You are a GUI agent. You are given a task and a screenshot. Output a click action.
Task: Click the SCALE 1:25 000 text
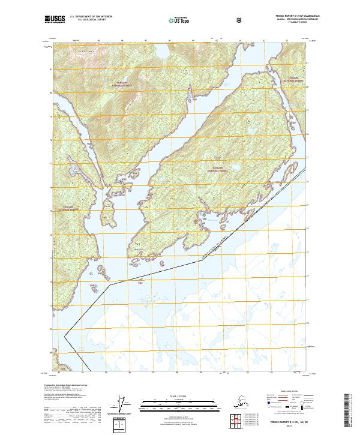tap(179, 395)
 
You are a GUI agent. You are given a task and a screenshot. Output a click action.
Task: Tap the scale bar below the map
tap(179, 402)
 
